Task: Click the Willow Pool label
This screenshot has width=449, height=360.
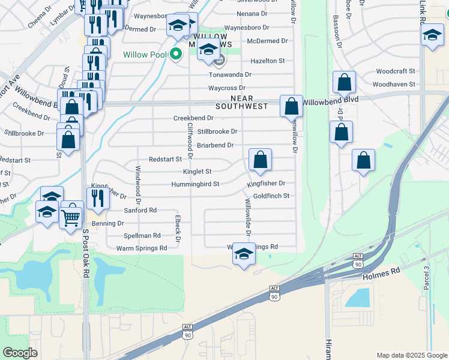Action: click(144, 55)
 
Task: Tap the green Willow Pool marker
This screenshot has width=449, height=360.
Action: click(176, 55)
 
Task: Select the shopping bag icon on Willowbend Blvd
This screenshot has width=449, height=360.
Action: click(291, 107)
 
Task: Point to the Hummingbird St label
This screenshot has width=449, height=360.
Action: click(195, 184)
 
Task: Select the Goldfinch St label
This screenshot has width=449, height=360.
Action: click(271, 196)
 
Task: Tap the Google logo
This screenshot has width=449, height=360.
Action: click(20, 353)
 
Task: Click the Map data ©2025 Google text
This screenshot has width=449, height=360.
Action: click(411, 355)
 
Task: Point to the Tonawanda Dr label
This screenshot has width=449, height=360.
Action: click(230, 74)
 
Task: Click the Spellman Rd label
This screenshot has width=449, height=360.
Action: click(142, 236)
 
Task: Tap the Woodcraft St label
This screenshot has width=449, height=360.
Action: click(396, 71)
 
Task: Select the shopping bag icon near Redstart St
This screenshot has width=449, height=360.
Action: click(260, 160)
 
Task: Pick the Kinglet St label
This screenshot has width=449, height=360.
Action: click(197, 172)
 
